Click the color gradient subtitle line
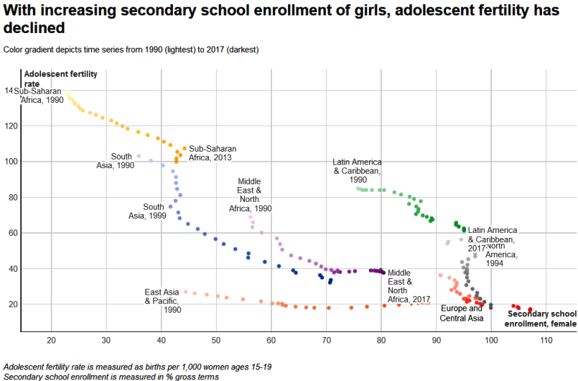coord(131,50)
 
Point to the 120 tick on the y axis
coord(10,126)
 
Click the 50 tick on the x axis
coord(216,339)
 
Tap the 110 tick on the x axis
coord(546,339)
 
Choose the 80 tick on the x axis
coord(381,339)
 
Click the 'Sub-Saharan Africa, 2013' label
coord(213,153)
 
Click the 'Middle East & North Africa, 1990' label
coord(250,195)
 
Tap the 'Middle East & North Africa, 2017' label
coord(409,285)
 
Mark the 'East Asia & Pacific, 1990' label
coord(162,300)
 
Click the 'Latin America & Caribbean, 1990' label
coord(358,171)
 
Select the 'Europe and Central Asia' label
coord(462,313)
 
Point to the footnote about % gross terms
coord(111,376)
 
